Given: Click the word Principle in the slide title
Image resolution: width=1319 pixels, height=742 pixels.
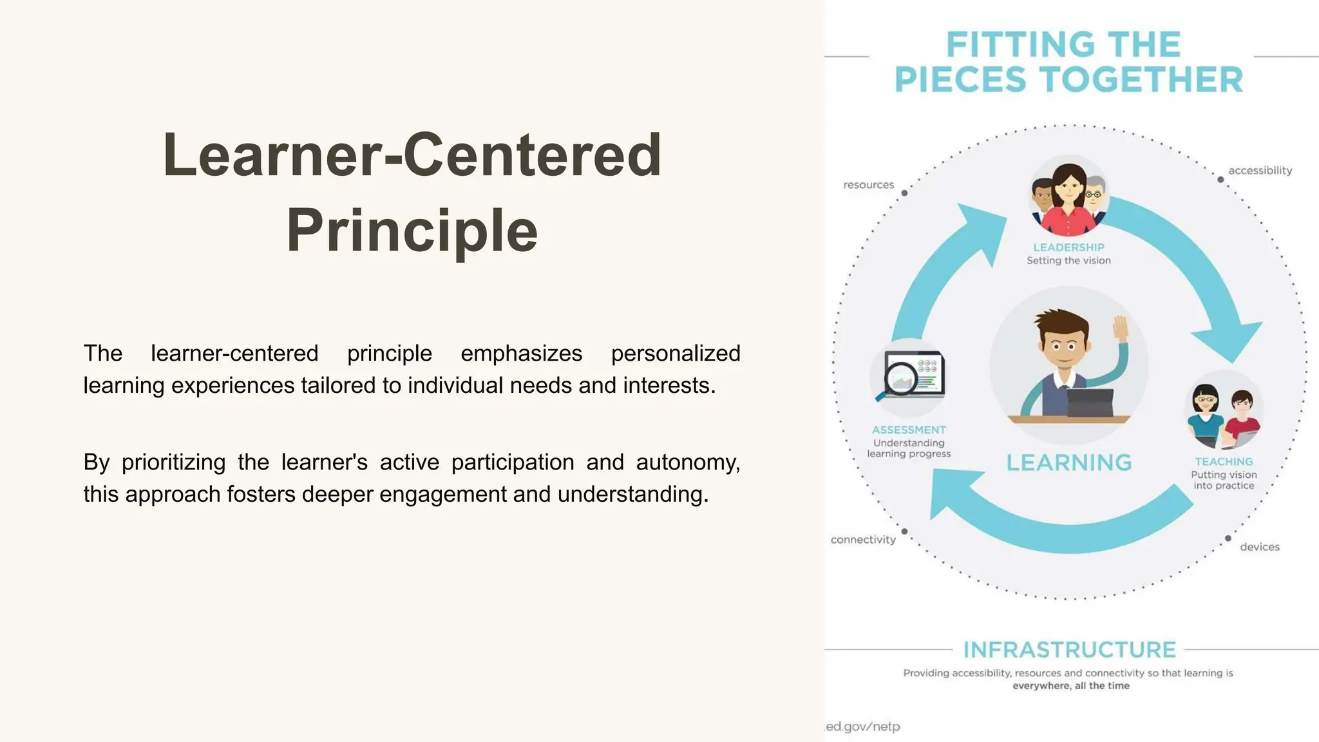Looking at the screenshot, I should pyautogui.click(x=412, y=231).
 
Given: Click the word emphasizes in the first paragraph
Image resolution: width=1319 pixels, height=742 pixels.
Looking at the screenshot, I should pyautogui.click(x=521, y=354).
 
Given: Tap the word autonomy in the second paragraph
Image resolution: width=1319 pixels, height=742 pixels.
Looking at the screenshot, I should pyautogui.click(x=687, y=462).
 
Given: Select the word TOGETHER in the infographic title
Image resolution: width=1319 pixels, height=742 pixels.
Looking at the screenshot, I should pyautogui.click(x=1142, y=80).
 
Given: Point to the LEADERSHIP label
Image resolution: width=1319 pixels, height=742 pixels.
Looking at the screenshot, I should pyautogui.click(x=1068, y=247).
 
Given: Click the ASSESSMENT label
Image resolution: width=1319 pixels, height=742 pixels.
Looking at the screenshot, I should pyautogui.click(x=909, y=430).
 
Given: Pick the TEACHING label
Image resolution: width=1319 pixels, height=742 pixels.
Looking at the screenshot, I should pyautogui.click(x=1224, y=462).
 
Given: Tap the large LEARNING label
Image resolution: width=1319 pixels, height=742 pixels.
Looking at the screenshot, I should pyautogui.click(x=1069, y=462).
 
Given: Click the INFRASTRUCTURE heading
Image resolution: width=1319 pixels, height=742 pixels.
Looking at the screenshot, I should pyautogui.click(x=1070, y=650).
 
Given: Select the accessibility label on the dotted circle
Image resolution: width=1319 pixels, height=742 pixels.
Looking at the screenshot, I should pyautogui.click(x=1260, y=171).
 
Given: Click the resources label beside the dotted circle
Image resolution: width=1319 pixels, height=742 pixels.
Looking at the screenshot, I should pyautogui.click(x=868, y=185).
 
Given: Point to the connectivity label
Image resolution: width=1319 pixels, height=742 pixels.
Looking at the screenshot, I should pyautogui.click(x=863, y=540).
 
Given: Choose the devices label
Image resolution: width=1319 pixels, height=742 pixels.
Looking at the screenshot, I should pyautogui.click(x=1260, y=547).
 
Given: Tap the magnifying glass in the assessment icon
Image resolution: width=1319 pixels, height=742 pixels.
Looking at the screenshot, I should pyautogui.click(x=900, y=379).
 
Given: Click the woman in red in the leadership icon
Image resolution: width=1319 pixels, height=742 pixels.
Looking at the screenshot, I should pyautogui.click(x=1069, y=200).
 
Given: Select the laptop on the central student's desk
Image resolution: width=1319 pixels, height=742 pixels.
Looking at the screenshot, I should pyautogui.click(x=1090, y=403).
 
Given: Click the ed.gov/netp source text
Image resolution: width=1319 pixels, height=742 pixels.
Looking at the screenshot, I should pyautogui.click(x=863, y=727).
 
